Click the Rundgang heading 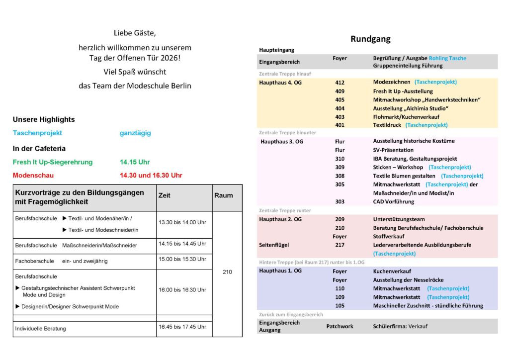pos(370,39)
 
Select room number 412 pos(339,82)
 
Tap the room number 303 pos(339,201)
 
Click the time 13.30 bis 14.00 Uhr pos(182,222)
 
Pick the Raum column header pos(223,195)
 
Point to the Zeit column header pos(164,195)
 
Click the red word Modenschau pos(33,175)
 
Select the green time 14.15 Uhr pos(135,162)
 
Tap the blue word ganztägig pos(135,133)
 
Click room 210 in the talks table pos(227,272)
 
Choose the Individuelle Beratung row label pos(40,328)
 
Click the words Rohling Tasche pos(447,58)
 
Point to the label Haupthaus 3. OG pos(282,142)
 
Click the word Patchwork pos(339,326)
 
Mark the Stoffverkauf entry pos(389,236)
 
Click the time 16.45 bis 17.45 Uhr pos(182,327)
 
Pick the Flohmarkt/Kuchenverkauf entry pos(406,116)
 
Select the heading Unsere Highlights pos(44,119)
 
